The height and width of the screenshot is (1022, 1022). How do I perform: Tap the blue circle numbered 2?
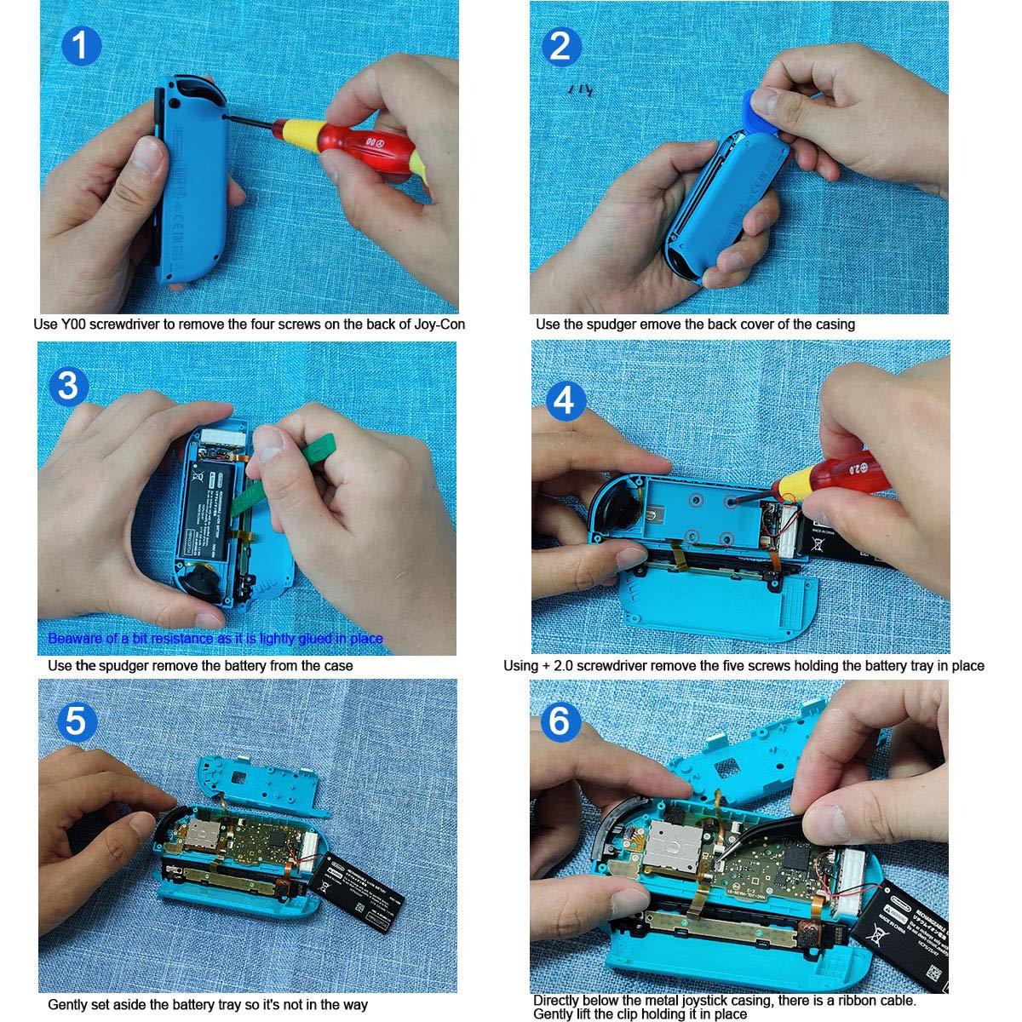[560, 45]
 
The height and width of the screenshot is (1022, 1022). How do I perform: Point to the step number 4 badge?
[565, 399]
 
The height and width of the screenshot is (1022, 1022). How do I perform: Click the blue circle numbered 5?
[76, 723]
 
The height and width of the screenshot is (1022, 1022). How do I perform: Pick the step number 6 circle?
[560, 723]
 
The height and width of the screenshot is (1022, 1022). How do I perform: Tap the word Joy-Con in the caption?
[439, 324]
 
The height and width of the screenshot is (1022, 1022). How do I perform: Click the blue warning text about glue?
[215, 639]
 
